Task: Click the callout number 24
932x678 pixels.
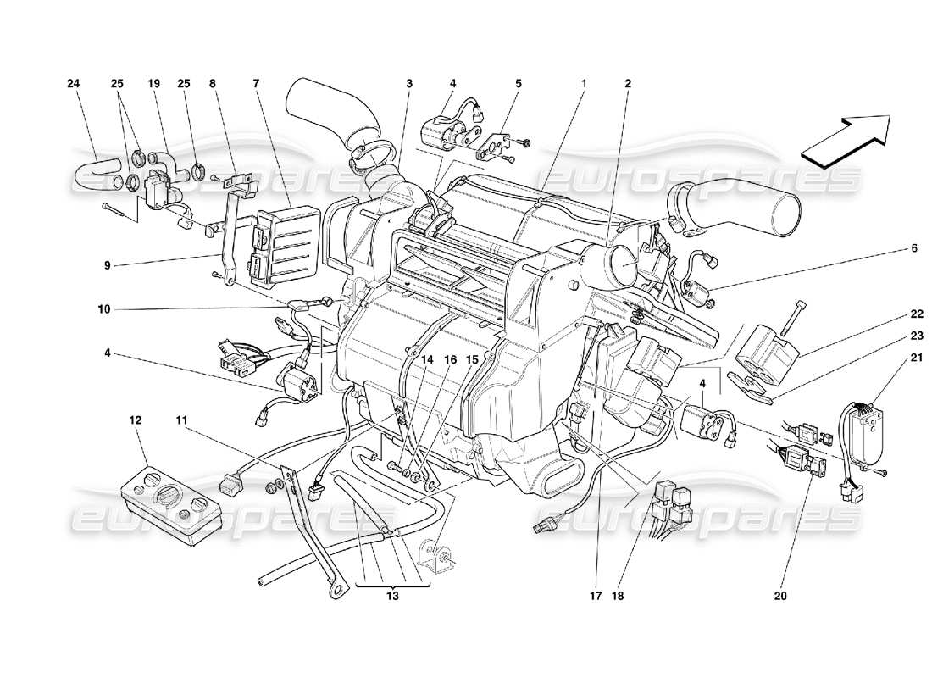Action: click(x=74, y=84)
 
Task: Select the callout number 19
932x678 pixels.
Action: click(x=153, y=84)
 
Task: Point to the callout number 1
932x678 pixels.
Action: click(x=584, y=84)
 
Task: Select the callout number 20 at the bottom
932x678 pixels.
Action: click(x=780, y=596)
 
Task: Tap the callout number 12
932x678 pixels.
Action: click(x=136, y=420)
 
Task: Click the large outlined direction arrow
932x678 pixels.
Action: click(x=844, y=136)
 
